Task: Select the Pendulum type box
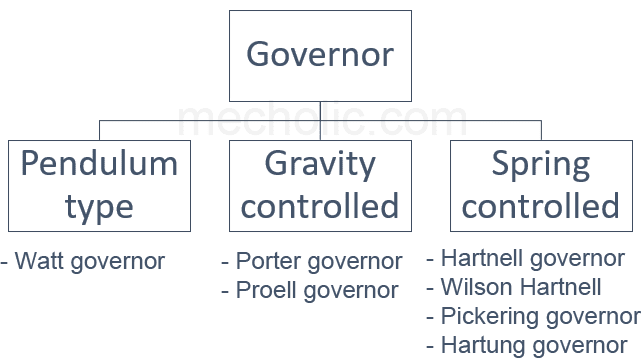pyautogui.click(x=99, y=185)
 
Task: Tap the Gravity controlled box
pyautogui.click(x=320, y=185)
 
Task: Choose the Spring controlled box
pyautogui.click(x=541, y=185)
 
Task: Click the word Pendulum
pyautogui.click(x=99, y=164)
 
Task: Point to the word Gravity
pyautogui.click(x=320, y=164)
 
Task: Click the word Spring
pyautogui.click(x=541, y=164)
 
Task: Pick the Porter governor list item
pyautogui.click(x=312, y=262)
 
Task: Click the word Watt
pyautogui.click(x=36, y=262)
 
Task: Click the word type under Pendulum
pyautogui.click(x=99, y=207)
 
